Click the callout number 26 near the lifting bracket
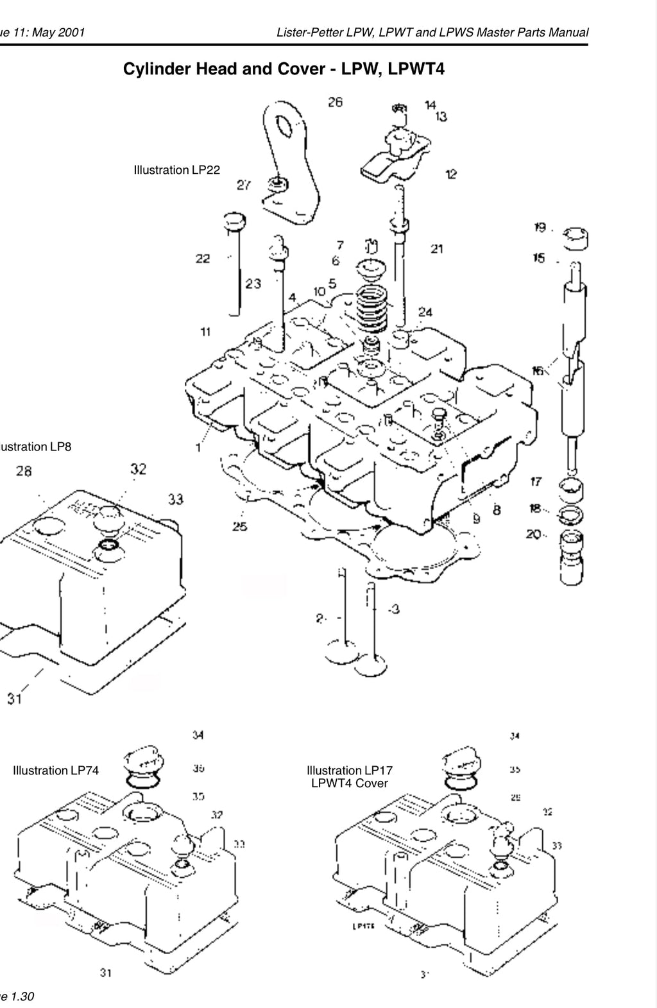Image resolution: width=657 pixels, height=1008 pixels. (336, 101)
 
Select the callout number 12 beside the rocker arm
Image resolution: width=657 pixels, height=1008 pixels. (451, 174)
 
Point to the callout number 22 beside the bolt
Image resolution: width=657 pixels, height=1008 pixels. (203, 259)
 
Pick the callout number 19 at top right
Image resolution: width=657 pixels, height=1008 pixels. (540, 227)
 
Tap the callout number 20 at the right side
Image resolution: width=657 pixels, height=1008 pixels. (534, 533)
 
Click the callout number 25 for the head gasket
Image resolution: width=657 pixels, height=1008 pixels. (240, 527)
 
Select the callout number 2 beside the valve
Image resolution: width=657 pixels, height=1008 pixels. (320, 619)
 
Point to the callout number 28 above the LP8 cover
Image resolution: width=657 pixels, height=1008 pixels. (24, 472)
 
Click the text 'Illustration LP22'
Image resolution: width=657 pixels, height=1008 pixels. (176, 170)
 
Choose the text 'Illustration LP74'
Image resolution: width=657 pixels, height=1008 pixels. (56, 771)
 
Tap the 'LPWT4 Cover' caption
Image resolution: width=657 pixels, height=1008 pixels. (349, 783)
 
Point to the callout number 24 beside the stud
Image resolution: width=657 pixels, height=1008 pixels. (425, 312)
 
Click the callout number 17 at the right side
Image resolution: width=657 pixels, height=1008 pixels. (536, 482)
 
